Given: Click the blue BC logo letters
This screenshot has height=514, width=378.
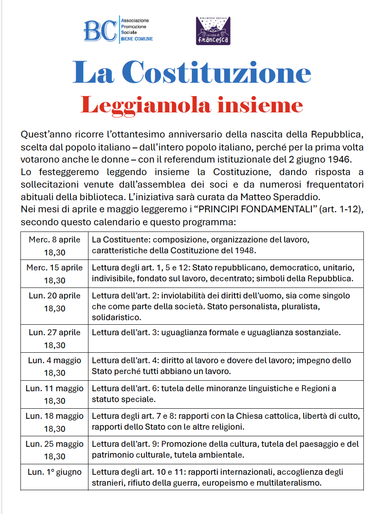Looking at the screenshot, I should point(100,30).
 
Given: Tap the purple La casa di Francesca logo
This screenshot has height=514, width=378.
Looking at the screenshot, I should point(213,31).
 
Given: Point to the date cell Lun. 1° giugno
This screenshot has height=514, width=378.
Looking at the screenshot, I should point(55,472).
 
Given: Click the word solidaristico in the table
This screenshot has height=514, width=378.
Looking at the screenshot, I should point(116,318).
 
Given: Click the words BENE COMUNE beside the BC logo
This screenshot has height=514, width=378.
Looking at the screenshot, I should point(136,39).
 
